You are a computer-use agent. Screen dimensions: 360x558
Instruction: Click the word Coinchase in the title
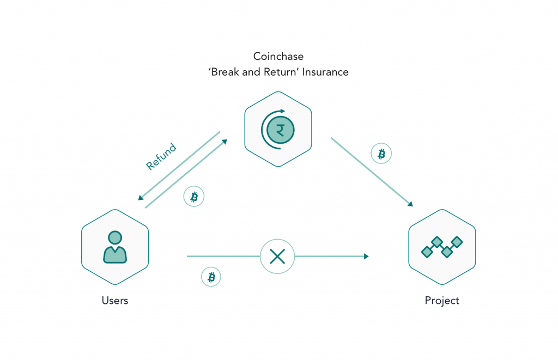point(278,57)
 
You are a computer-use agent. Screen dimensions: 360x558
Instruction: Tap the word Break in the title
point(226,72)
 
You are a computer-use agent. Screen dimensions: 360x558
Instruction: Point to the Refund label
point(161,156)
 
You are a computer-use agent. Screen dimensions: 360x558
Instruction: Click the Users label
point(115,301)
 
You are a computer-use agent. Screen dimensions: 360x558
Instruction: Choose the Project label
point(442,301)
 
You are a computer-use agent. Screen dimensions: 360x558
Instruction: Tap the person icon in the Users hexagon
point(115,247)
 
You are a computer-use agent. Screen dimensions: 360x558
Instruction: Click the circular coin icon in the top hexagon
point(278,130)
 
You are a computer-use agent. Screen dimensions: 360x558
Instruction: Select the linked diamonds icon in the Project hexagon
point(442,247)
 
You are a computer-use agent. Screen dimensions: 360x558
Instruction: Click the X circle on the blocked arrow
point(277,256)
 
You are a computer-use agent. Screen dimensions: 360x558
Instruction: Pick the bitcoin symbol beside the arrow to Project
point(381,154)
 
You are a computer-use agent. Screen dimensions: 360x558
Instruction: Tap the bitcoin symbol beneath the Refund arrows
point(194,197)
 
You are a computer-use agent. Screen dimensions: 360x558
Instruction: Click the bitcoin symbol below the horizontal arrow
point(211,277)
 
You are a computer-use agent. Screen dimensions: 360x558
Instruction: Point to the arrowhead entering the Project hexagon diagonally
point(409,204)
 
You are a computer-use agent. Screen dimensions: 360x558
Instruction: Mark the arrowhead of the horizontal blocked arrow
point(366,256)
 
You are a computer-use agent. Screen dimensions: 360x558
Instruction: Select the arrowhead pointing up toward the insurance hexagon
point(225,142)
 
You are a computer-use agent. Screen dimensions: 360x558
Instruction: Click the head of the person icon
point(115,237)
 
